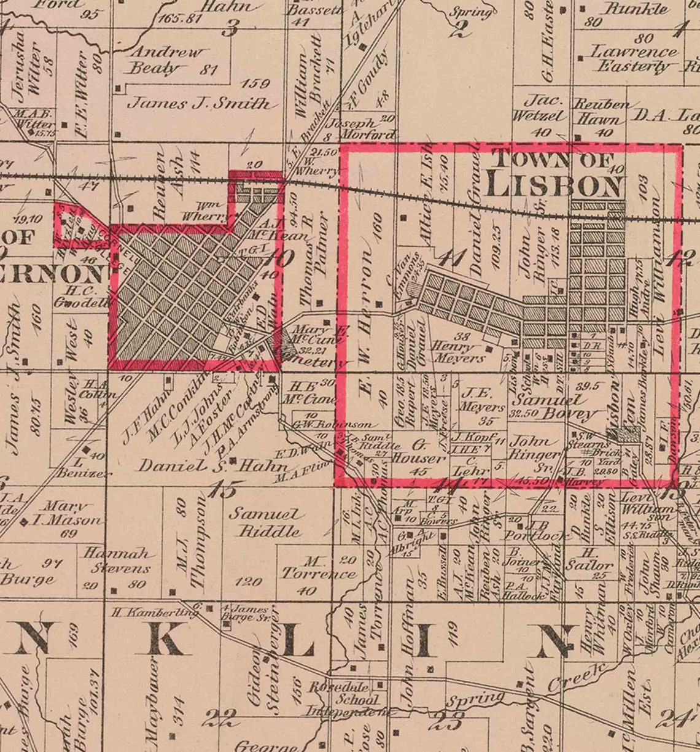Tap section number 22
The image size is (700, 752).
222,716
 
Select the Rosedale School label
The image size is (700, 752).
347,692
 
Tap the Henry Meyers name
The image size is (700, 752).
459,351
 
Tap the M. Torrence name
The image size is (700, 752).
317,568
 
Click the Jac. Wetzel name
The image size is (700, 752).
545,108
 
